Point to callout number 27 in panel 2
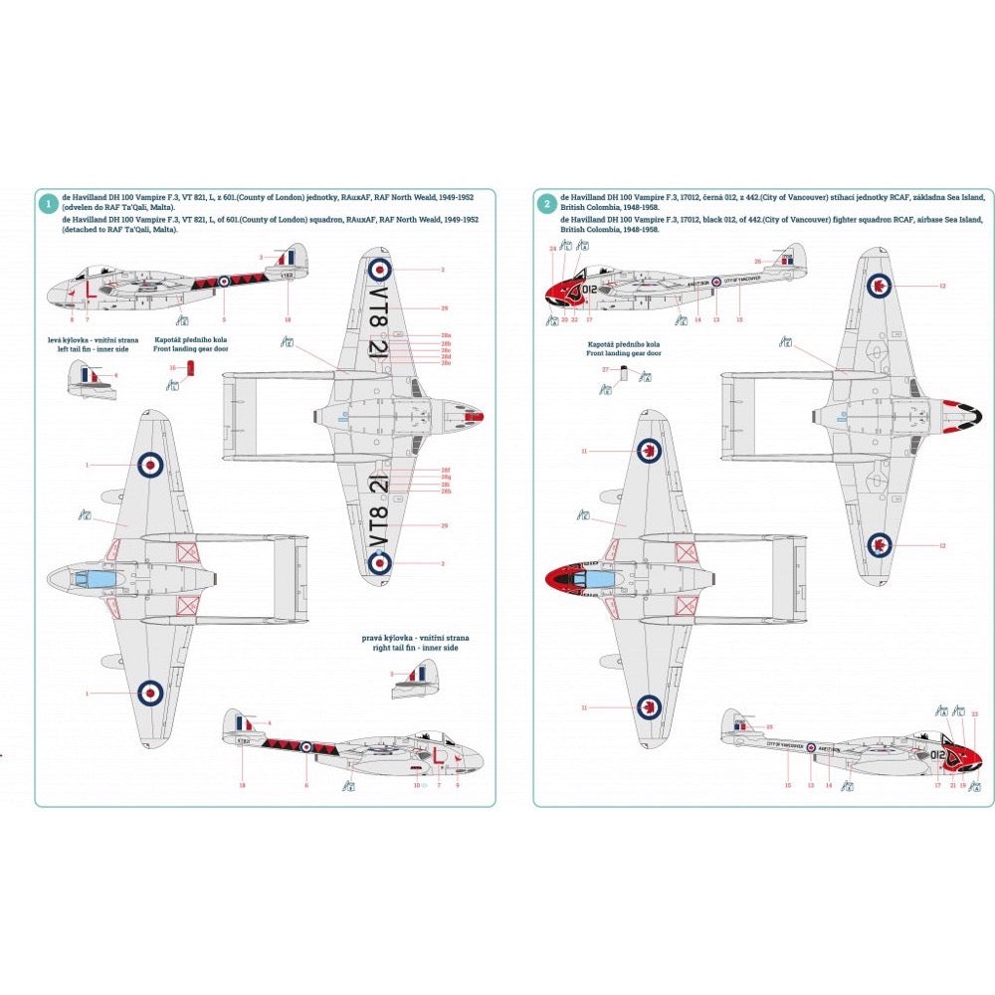[x=605, y=369]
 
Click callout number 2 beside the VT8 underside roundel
[x=441, y=563]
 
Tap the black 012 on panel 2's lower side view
[x=938, y=755]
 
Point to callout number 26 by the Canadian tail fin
[x=757, y=262]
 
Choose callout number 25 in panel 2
[x=769, y=727]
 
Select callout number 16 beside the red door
[x=172, y=368]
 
